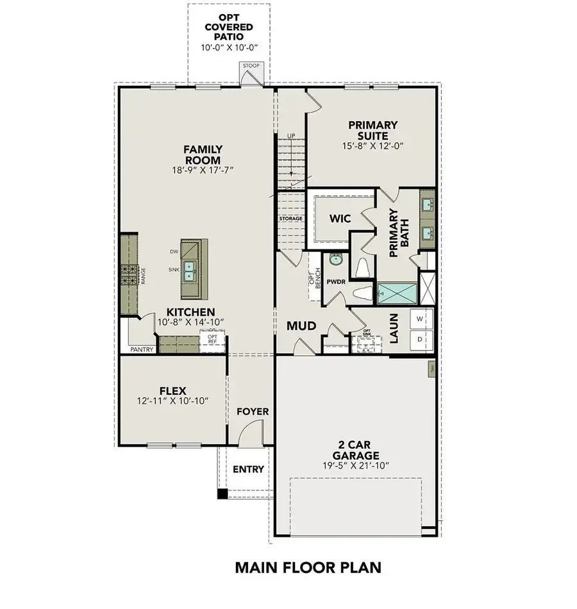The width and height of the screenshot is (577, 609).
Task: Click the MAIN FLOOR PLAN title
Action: tap(307, 567)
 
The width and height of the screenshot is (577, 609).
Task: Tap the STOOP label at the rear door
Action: tap(249, 66)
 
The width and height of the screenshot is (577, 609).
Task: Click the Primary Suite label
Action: tap(372, 130)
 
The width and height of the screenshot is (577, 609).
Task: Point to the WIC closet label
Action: tap(340, 219)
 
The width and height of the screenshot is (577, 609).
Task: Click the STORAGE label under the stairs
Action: tap(290, 219)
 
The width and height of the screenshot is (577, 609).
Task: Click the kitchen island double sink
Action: tap(190, 271)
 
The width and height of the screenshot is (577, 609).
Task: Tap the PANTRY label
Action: tap(142, 349)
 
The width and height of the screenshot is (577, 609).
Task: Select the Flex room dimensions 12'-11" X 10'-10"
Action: tap(172, 401)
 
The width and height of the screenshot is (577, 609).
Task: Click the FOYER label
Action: tap(253, 411)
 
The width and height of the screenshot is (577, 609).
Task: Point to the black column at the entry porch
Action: tap(222, 494)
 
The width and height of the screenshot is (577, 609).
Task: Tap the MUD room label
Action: tap(301, 326)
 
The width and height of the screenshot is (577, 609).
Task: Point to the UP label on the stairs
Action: tap(291, 137)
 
